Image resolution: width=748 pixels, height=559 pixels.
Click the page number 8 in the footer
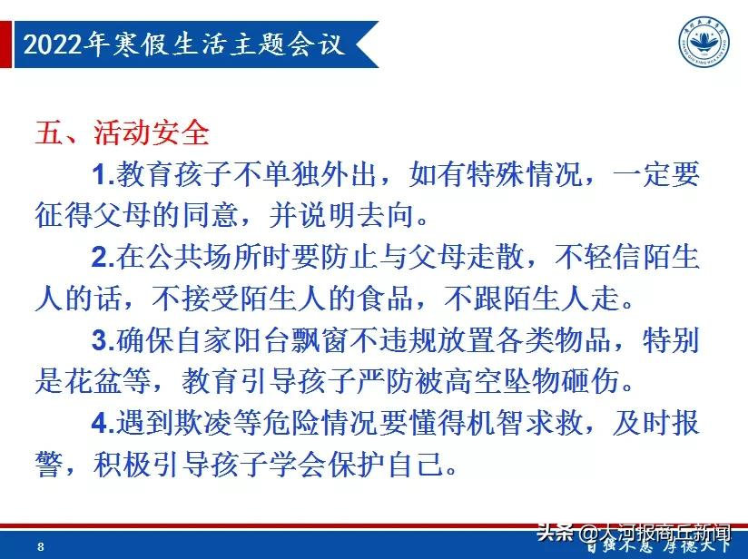tap(42, 546)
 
